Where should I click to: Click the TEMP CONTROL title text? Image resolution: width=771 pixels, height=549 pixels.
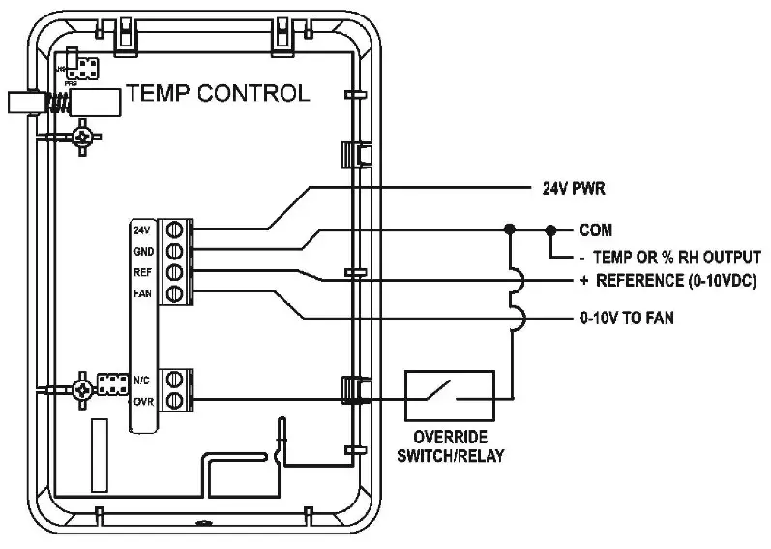click(x=219, y=93)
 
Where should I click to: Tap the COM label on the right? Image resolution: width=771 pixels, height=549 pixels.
click(x=596, y=230)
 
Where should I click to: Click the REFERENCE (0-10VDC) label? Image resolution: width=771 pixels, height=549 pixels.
click(x=667, y=281)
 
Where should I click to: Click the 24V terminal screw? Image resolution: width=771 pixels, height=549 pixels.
click(x=175, y=230)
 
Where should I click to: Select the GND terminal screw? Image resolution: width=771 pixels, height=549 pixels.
click(x=175, y=251)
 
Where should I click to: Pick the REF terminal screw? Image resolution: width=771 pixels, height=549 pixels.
click(x=175, y=272)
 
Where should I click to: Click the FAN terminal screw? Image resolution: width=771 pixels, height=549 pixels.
click(x=175, y=292)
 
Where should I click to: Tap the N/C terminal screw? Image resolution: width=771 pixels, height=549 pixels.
click(x=175, y=379)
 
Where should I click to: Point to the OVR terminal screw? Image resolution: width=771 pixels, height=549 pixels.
click(x=175, y=399)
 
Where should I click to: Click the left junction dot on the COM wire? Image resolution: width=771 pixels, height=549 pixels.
click(x=509, y=230)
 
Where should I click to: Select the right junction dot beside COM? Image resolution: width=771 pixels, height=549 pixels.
click(x=550, y=230)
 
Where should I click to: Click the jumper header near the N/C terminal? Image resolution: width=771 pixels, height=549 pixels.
click(x=111, y=383)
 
